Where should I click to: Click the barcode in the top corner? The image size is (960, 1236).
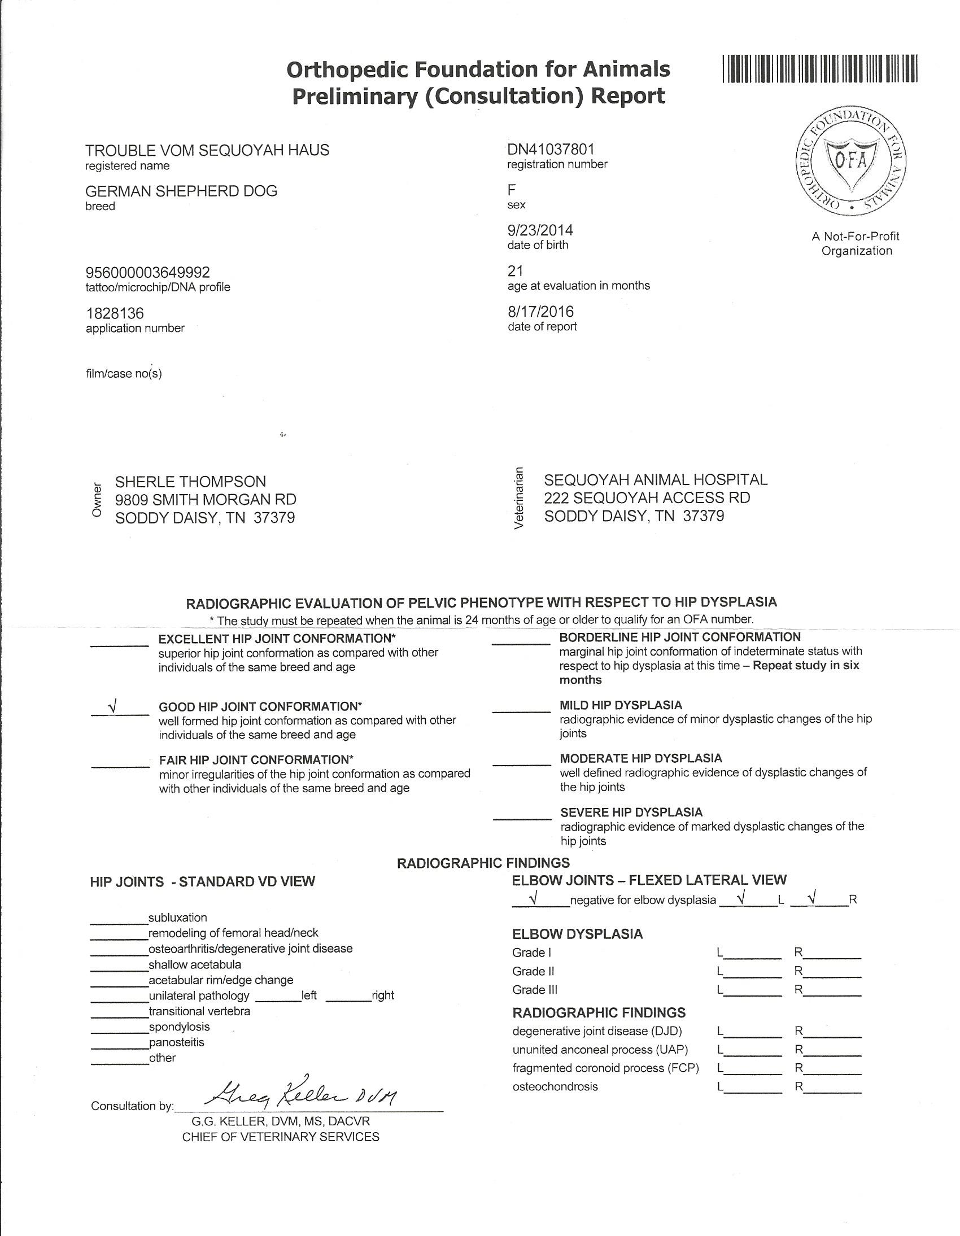[819, 69]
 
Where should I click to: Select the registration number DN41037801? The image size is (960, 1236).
[551, 150]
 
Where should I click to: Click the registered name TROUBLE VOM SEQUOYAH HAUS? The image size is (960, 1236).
[207, 151]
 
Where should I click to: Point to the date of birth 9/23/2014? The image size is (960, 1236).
[540, 230]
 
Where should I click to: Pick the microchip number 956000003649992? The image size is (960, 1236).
[148, 273]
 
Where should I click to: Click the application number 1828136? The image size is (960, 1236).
[115, 313]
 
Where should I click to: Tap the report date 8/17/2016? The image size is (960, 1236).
[540, 312]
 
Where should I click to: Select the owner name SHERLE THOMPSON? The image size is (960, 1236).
[190, 482]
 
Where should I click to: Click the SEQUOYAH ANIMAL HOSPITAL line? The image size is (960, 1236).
[656, 480]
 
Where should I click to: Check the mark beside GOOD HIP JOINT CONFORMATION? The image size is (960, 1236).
[114, 707]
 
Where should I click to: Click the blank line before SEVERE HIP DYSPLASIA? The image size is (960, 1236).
[521, 818]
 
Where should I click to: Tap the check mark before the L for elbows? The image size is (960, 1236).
[741, 897]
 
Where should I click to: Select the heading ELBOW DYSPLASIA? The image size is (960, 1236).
[577, 934]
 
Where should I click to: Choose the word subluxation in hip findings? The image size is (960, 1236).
[178, 918]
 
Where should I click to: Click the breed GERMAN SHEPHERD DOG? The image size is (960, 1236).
[181, 191]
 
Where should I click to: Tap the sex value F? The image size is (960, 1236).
[512, 190]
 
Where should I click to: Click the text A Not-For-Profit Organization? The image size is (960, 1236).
[856, 243]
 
